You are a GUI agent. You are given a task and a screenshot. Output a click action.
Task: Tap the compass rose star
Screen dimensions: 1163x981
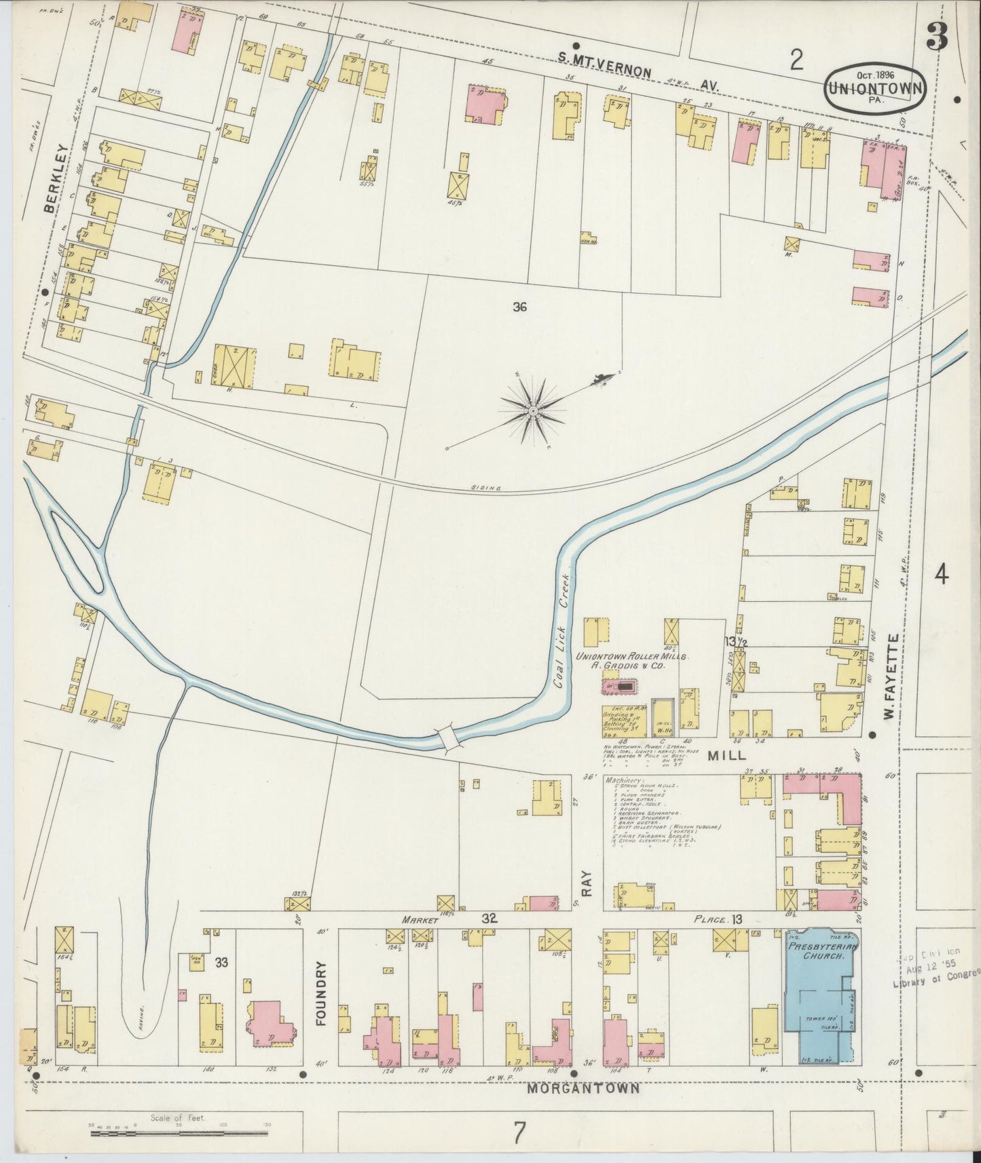534,411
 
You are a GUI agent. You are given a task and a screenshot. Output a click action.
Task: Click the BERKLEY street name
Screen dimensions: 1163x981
50,179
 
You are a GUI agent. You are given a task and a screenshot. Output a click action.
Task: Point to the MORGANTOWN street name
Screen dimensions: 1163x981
583,1088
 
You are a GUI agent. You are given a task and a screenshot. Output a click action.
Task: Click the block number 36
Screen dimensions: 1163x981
520,307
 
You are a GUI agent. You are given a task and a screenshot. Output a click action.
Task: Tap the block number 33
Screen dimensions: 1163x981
221,961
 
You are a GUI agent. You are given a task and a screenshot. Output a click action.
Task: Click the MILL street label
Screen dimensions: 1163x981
727,755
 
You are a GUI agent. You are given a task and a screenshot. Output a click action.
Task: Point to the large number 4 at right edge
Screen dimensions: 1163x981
941,575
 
